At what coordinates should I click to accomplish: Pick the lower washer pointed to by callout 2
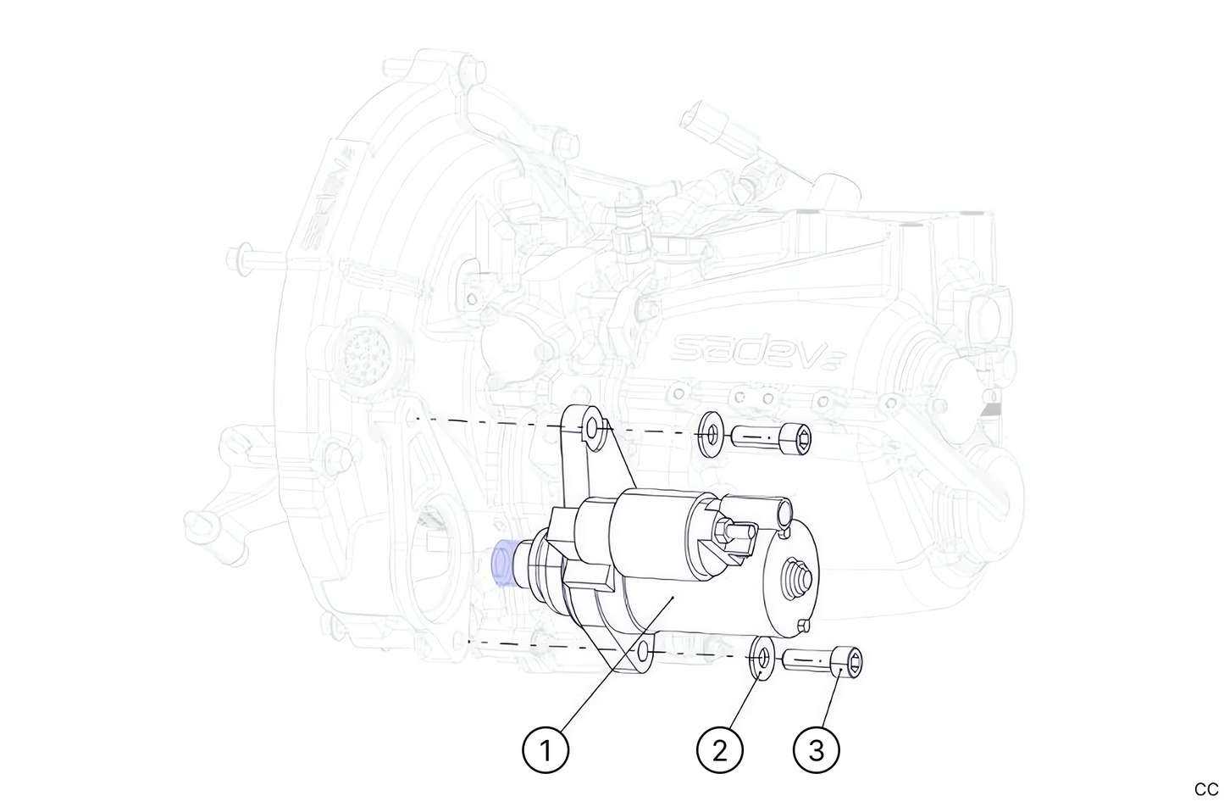(763, 660)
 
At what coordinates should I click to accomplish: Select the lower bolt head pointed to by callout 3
(850, 661)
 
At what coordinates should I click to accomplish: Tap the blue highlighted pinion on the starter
(504, 563)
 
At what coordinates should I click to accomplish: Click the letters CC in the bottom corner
(1205, 789)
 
